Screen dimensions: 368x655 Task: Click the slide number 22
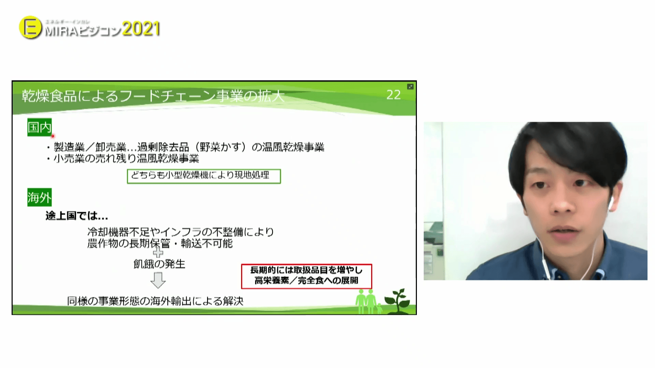point(393,95)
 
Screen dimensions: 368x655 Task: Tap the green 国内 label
point(39,127)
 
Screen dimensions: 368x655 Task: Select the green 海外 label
point(39,197)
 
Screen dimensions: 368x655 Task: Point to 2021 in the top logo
point(141,29)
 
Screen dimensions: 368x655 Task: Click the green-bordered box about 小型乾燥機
point(204,176)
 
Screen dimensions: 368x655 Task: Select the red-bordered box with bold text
point(306,276)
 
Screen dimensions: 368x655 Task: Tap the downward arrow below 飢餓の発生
point(158,280)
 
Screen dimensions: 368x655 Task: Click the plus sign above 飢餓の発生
point(158,253)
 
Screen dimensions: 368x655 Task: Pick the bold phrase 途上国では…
point(77,216)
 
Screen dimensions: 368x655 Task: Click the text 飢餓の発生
point(159,264)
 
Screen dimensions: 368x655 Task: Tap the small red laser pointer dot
point(53,136)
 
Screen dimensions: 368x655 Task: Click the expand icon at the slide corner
point(410,87)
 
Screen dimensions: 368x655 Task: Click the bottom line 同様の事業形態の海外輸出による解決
point(155,301)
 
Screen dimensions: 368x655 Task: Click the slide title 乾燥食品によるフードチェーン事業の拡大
point(153,96)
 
